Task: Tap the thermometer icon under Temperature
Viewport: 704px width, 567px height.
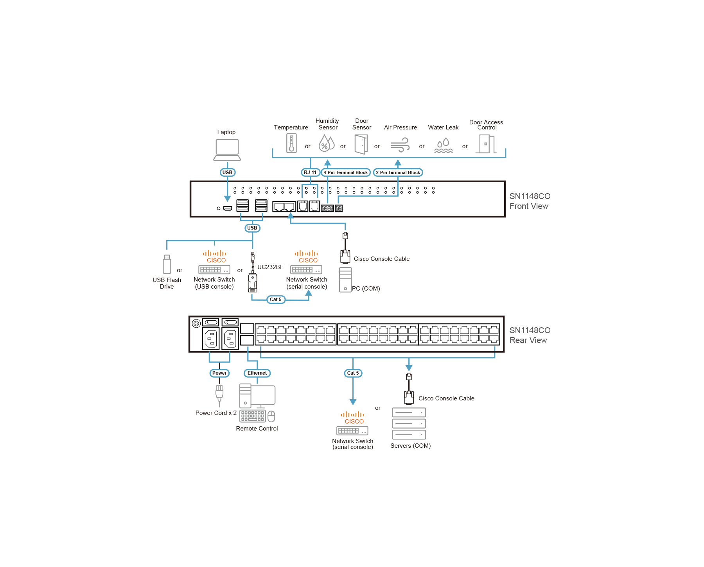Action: tap(291, 143)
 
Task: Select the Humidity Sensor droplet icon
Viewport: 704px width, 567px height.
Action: tap(326, 144)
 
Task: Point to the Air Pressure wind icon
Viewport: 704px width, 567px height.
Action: tap(400, 145)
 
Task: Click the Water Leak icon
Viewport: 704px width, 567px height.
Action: tap(444, 145)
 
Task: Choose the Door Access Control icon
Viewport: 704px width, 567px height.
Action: tap(487, 144)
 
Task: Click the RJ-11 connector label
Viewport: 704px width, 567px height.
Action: tap(310, 172)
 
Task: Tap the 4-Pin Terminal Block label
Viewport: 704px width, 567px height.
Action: tap(345, 172)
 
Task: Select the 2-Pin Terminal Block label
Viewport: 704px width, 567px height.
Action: tap(398, 172)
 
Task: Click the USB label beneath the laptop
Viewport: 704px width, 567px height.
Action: tap(227, 172)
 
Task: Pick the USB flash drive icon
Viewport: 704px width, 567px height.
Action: tap(167, 264)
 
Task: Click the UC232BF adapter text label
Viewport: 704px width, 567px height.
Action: tap(270, 267)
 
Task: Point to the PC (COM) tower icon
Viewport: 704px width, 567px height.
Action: tap(345, 280)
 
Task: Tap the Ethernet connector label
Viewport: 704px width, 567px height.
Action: tap(257, 373)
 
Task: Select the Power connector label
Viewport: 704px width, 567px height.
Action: tap(219, 373)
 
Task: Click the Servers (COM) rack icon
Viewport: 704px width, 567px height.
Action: tap(409, 423)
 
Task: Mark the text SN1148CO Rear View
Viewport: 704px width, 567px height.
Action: tap(530, 336)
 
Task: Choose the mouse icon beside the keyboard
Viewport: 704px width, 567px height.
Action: tap(271, 416)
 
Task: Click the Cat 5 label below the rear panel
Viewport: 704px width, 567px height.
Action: tap(353, 373)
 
